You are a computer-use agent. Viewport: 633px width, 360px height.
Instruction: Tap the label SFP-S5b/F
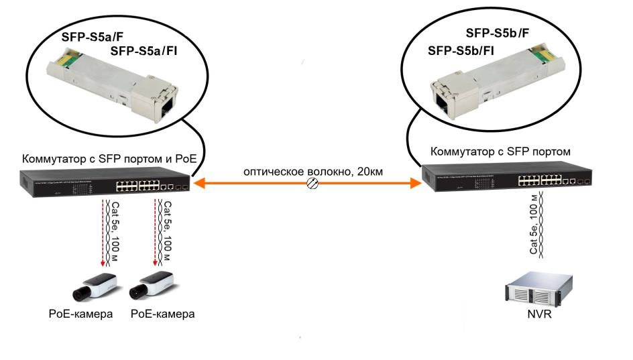498,33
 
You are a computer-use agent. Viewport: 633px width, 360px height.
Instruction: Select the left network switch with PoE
105,184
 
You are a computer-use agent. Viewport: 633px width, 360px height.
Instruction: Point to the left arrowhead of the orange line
198,183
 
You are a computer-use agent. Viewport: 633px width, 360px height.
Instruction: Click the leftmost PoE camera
96,287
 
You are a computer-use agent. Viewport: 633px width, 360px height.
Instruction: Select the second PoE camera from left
152,287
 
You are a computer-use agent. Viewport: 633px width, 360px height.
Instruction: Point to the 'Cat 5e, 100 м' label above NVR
534,225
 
